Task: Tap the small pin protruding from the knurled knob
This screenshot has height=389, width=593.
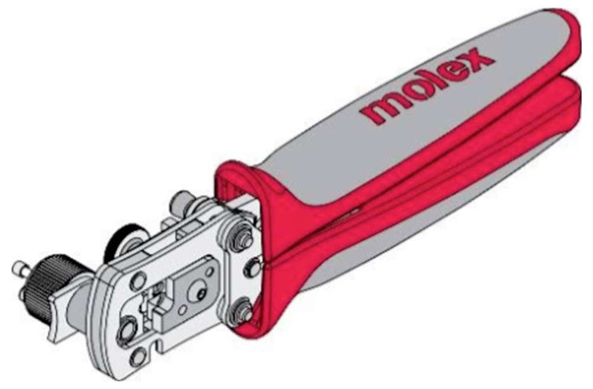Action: [19, 268]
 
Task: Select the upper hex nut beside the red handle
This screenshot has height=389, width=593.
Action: [240, 234]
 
